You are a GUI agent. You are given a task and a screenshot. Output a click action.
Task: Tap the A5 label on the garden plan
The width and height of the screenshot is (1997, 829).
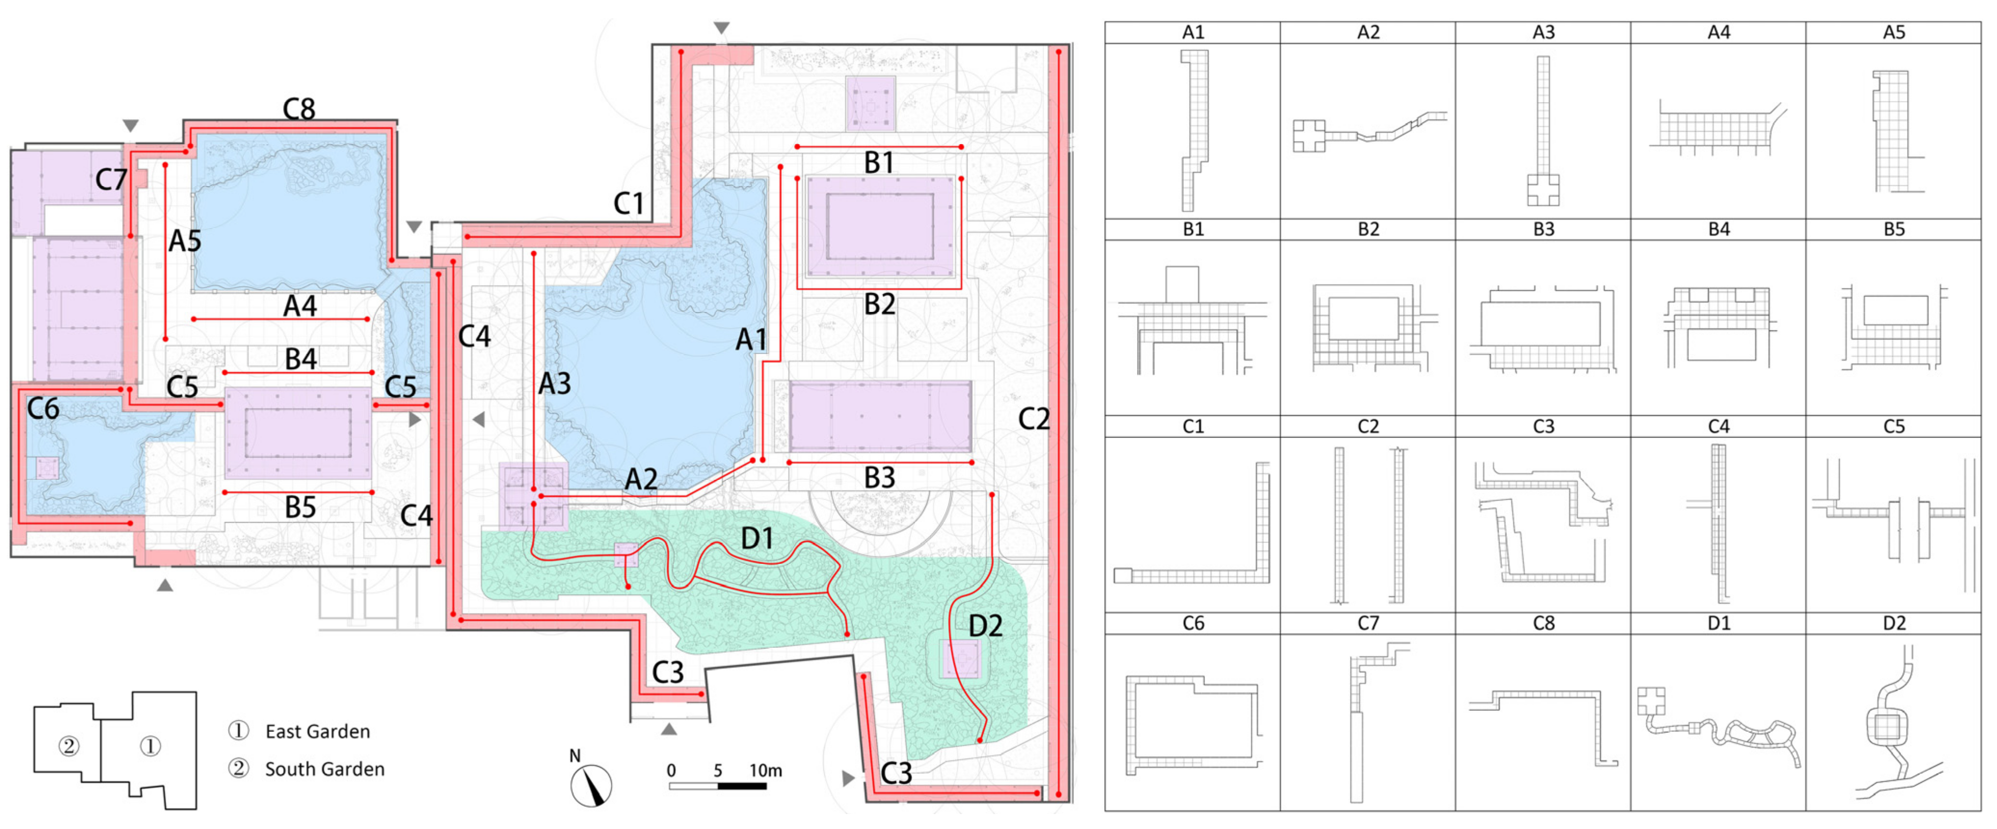pos(185,241)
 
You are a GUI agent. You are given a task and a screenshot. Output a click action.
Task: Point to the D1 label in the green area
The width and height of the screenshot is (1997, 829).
pos(757,538)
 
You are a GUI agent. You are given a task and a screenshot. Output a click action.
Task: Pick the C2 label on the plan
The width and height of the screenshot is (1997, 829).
pos(1033,420)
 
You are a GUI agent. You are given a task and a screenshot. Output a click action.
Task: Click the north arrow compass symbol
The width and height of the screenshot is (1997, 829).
pos(591,783)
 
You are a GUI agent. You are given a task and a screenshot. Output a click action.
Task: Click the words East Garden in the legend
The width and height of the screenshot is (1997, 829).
pos(318,731)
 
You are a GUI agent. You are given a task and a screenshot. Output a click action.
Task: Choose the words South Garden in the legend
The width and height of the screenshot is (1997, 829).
pos(325,769)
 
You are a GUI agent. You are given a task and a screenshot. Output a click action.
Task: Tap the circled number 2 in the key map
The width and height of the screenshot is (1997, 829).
pos(69,746)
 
